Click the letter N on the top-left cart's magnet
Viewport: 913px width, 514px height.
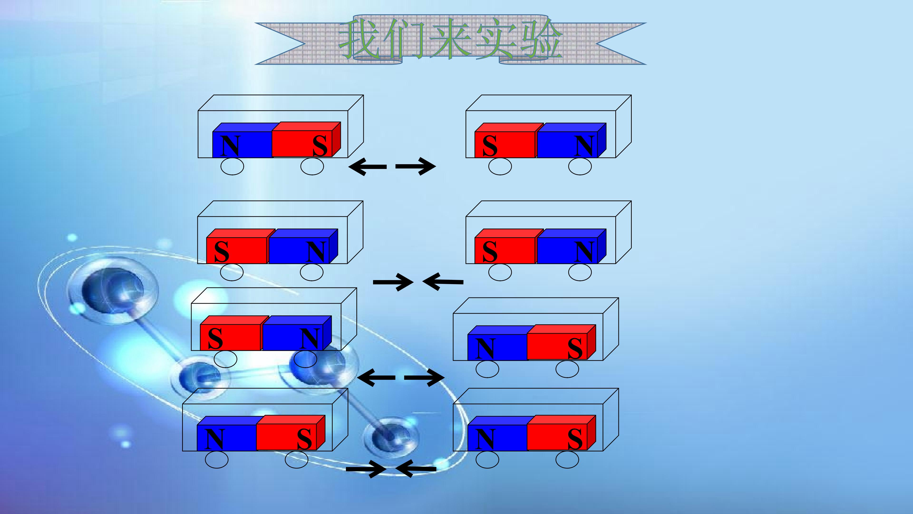(x=230, y=146)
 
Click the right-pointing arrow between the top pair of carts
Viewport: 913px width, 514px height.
(x=415, y=166)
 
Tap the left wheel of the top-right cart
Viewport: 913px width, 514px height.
(x=500, y=166)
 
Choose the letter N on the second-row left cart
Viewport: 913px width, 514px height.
(x=316, y=252)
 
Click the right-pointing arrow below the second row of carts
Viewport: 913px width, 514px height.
(x=393, y=282)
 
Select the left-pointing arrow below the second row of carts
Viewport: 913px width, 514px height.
(x=443, y=282)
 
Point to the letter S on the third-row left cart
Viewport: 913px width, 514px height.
(x=215, y=338)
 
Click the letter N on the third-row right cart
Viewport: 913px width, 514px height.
(x=485, y=348)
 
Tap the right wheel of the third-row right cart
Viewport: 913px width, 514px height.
(x=567, y=369)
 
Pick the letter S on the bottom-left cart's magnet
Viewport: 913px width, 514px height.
(x=304, y=439)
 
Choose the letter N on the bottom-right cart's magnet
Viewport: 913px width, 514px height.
(x=485, y=439)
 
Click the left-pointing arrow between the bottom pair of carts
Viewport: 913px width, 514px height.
(x=416, y=469)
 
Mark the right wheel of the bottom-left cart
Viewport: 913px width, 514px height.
(x=296, y=460)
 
